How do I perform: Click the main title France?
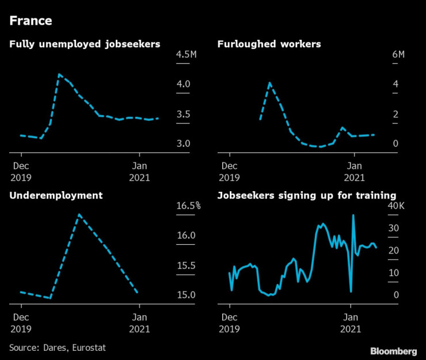point(31,21)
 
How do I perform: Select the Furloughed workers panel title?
point(269,44)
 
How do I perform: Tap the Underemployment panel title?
point(56,195)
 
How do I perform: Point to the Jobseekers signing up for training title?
point(306,195)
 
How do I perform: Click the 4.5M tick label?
point(187,55)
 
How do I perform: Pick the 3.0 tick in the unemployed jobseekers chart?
point(183,143)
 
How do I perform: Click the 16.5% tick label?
point(188,206)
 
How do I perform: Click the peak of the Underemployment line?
point(79,215)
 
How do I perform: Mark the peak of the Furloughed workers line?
point(269,84)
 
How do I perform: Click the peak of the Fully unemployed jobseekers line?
point(59,74)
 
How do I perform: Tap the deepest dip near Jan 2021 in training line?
point(351,292)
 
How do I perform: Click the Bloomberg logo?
point(393,351)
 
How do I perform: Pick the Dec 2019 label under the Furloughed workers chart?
point(230,172)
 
